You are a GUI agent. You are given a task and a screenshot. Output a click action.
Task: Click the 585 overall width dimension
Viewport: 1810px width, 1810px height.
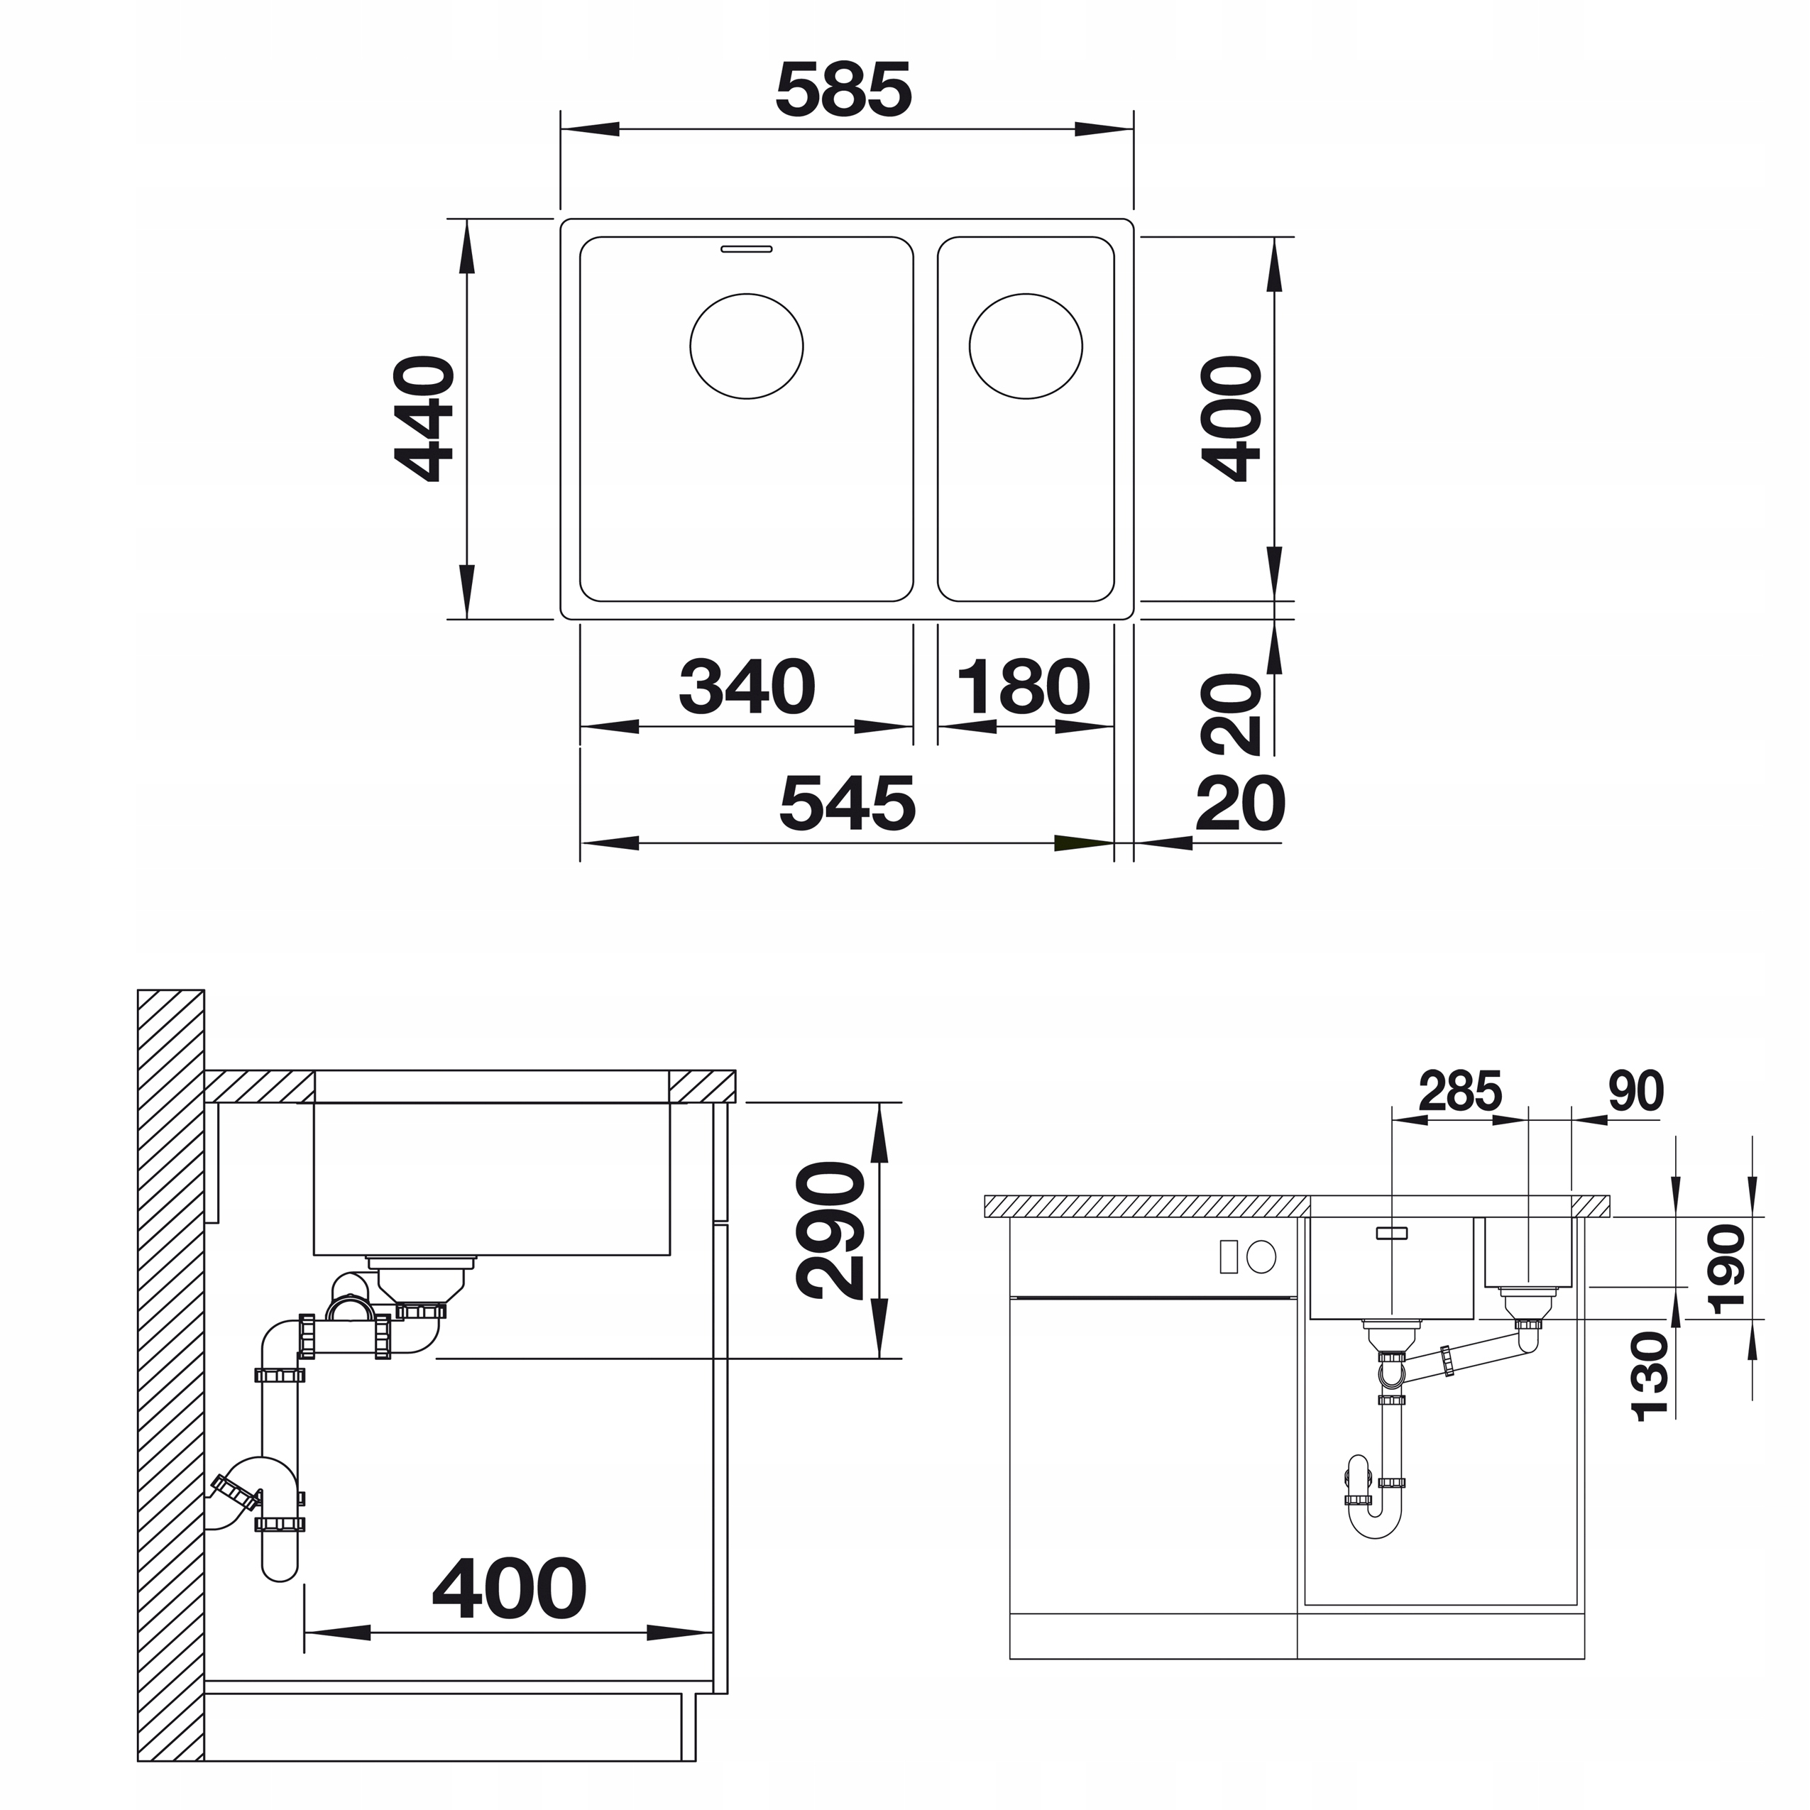point(843,90)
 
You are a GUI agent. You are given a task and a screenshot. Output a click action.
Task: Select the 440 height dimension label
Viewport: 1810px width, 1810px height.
point(424,419)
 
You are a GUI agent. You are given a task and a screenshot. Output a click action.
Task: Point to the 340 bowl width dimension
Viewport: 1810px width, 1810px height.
point(747,686)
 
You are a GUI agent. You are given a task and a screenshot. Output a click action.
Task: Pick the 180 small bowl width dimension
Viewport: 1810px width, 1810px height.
point(1024,686)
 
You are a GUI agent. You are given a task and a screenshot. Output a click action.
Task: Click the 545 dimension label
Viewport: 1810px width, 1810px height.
point(847,803)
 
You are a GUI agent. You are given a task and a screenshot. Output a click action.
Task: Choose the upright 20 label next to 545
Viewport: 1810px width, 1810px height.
point(1241,803)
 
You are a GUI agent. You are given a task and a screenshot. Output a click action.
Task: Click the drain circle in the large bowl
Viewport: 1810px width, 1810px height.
point(747,346)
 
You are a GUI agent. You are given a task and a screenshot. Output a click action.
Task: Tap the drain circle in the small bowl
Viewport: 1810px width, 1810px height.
point(1026,346)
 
